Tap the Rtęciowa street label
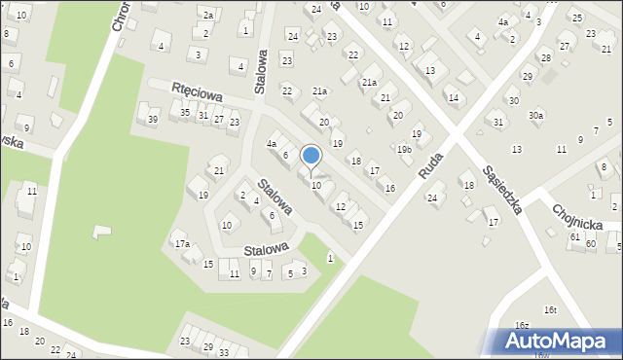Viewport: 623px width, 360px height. click(199, 93)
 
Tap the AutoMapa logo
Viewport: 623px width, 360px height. click(562, 342)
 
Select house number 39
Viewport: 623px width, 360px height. click(152, 119)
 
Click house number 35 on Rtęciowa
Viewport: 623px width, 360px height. click(185, 113)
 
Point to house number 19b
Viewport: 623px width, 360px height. click(404, 150)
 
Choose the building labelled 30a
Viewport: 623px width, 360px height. click(536, 116)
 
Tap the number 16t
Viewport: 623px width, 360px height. click(550, 309)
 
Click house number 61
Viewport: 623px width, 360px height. click(575, 236)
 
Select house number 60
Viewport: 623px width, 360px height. click(591, 243)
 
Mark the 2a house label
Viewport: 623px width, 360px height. click(207, 15)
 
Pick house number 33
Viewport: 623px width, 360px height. click(223, 352)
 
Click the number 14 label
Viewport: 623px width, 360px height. click(453, 97)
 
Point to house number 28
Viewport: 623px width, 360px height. click(545, 58)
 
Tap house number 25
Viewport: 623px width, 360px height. click(576, 18)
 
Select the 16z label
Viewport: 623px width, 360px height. click(522, 325)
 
